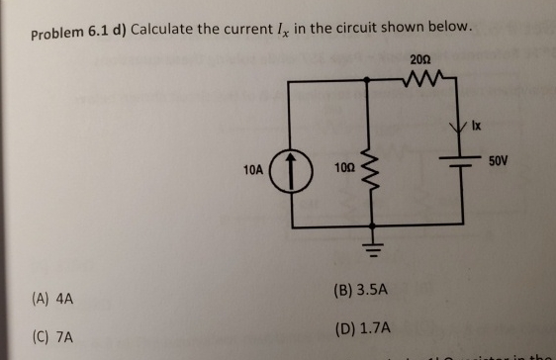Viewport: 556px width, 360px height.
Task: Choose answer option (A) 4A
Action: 53,297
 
